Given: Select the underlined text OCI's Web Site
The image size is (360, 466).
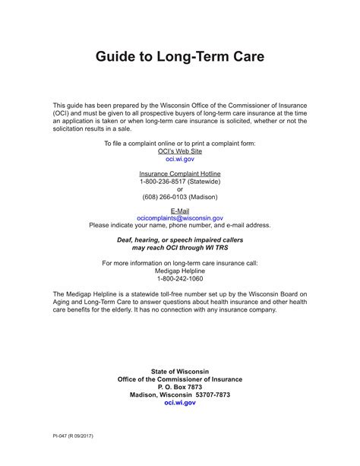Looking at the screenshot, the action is [180, 151].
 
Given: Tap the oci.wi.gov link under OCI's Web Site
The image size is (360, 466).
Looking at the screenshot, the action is [180, 160].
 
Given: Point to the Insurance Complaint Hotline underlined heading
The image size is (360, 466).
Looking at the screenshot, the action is [180, 174].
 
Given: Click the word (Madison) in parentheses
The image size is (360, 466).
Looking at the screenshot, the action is [206, 199].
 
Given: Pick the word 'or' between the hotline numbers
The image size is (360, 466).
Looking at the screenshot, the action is [180, 191].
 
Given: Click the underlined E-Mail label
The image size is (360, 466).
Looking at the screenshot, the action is [180, 210].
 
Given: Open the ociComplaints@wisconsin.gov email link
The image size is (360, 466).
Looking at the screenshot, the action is [180, 218].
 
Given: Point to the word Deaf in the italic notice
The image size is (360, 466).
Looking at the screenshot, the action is [124, 239].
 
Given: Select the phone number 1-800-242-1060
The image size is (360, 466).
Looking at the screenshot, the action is [180, 278].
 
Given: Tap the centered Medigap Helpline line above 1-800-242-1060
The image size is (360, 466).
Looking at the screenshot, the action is [180, 270].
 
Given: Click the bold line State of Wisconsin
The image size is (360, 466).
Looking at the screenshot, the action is [180, 371].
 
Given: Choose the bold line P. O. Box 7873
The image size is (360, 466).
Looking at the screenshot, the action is [180, 387].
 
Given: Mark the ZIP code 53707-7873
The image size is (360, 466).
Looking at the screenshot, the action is [210, 395].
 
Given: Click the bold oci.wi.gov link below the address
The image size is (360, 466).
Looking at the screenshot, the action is [180, 404].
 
